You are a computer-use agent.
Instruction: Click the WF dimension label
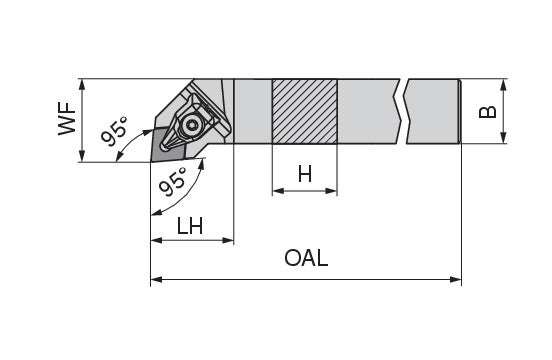pos(67,119)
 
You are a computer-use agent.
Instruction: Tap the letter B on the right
pos(488,112)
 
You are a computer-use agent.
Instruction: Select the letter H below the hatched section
pos(305,174)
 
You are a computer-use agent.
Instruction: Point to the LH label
pos(190,226)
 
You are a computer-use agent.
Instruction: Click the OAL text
pos(306,258)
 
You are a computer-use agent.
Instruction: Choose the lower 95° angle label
pos(172,182)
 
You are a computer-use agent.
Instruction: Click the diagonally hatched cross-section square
pos(305,111)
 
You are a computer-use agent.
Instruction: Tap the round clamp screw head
pos(191,125)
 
